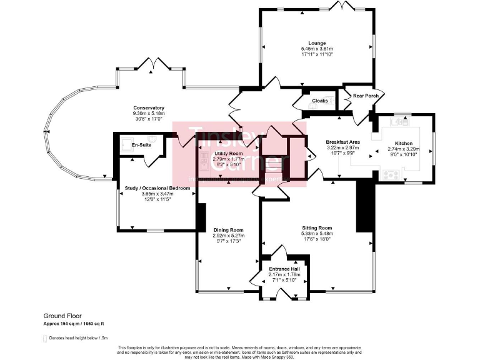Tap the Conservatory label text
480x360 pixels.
click(149, 107)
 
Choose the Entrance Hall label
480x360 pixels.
click(284, 269)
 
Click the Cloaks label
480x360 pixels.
click(320, 101)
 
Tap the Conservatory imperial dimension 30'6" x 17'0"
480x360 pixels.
click(149, 118)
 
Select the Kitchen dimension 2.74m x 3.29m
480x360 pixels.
click(404, 149)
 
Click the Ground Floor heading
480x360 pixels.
click(62, 316)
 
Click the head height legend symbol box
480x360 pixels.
click(44, 338)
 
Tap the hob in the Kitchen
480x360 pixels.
click(392, 174)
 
